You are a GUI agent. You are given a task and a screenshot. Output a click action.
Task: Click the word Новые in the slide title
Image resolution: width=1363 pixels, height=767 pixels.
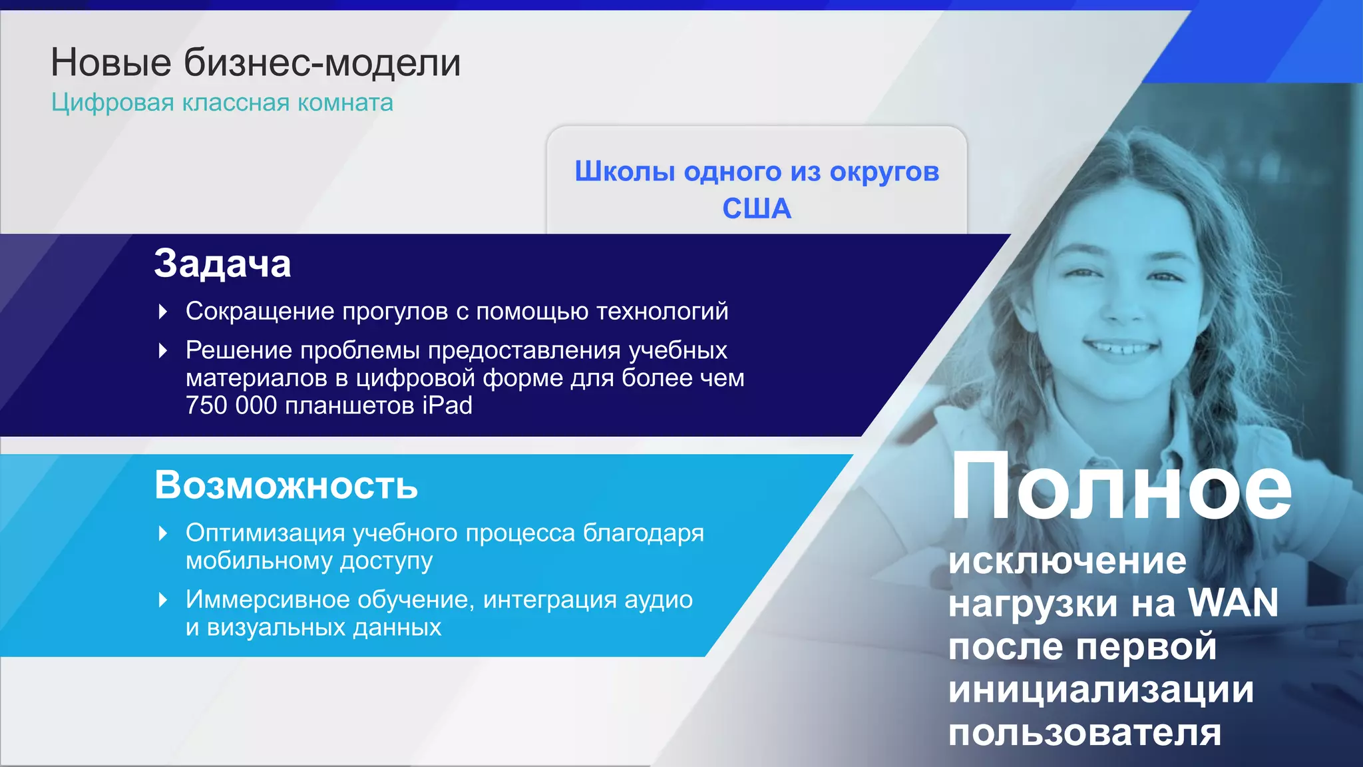tap(111, 63)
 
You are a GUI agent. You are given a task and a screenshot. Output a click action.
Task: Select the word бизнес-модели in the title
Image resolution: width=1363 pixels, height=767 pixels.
tap(322, 63)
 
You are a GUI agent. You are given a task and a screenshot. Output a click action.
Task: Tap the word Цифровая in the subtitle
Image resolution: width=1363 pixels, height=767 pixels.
tap(112, 103)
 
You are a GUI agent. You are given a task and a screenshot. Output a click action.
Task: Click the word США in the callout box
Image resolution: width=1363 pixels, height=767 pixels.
tap(757, 208)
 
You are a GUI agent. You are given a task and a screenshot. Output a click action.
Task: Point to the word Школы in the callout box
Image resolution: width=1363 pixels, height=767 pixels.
tap(625, 171)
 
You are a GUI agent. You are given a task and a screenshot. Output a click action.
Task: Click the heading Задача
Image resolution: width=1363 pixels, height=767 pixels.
tap(222, 263)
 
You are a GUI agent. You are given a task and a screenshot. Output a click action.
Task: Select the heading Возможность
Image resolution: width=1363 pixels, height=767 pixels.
tap(286, 485)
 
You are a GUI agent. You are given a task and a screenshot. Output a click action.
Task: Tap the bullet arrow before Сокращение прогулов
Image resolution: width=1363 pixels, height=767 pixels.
tap(163, 312)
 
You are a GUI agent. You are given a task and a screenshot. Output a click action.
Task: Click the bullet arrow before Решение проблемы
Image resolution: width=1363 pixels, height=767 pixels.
tap(163, 350)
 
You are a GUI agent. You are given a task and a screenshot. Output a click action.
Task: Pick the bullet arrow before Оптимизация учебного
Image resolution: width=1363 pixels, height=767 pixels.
tap(163, 533)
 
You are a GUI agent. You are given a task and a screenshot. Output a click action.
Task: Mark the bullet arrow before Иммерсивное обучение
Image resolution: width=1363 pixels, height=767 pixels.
tap(163, 600)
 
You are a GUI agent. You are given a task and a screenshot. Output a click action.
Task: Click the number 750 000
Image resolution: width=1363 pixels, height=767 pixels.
tap(231, 405)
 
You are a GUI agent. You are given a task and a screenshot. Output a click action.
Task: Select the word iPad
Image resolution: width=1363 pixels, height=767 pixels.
tap(447, 405)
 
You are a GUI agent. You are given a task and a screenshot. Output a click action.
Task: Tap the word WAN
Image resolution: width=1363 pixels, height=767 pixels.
tap(1233, 603)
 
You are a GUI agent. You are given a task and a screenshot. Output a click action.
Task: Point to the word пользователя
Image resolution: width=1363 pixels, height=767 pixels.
tap(1085, 732)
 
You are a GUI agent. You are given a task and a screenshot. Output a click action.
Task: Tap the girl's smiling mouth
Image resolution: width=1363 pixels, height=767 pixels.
tap(1122, 347)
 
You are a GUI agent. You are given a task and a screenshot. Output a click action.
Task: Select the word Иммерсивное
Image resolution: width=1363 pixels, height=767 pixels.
tap(268, 600)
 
